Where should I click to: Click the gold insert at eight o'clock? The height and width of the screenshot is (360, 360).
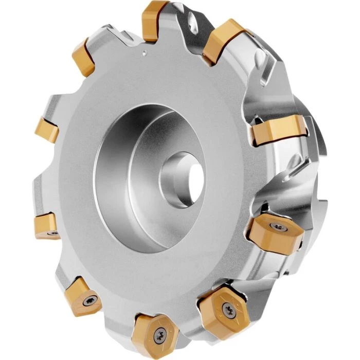click(47, 226)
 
